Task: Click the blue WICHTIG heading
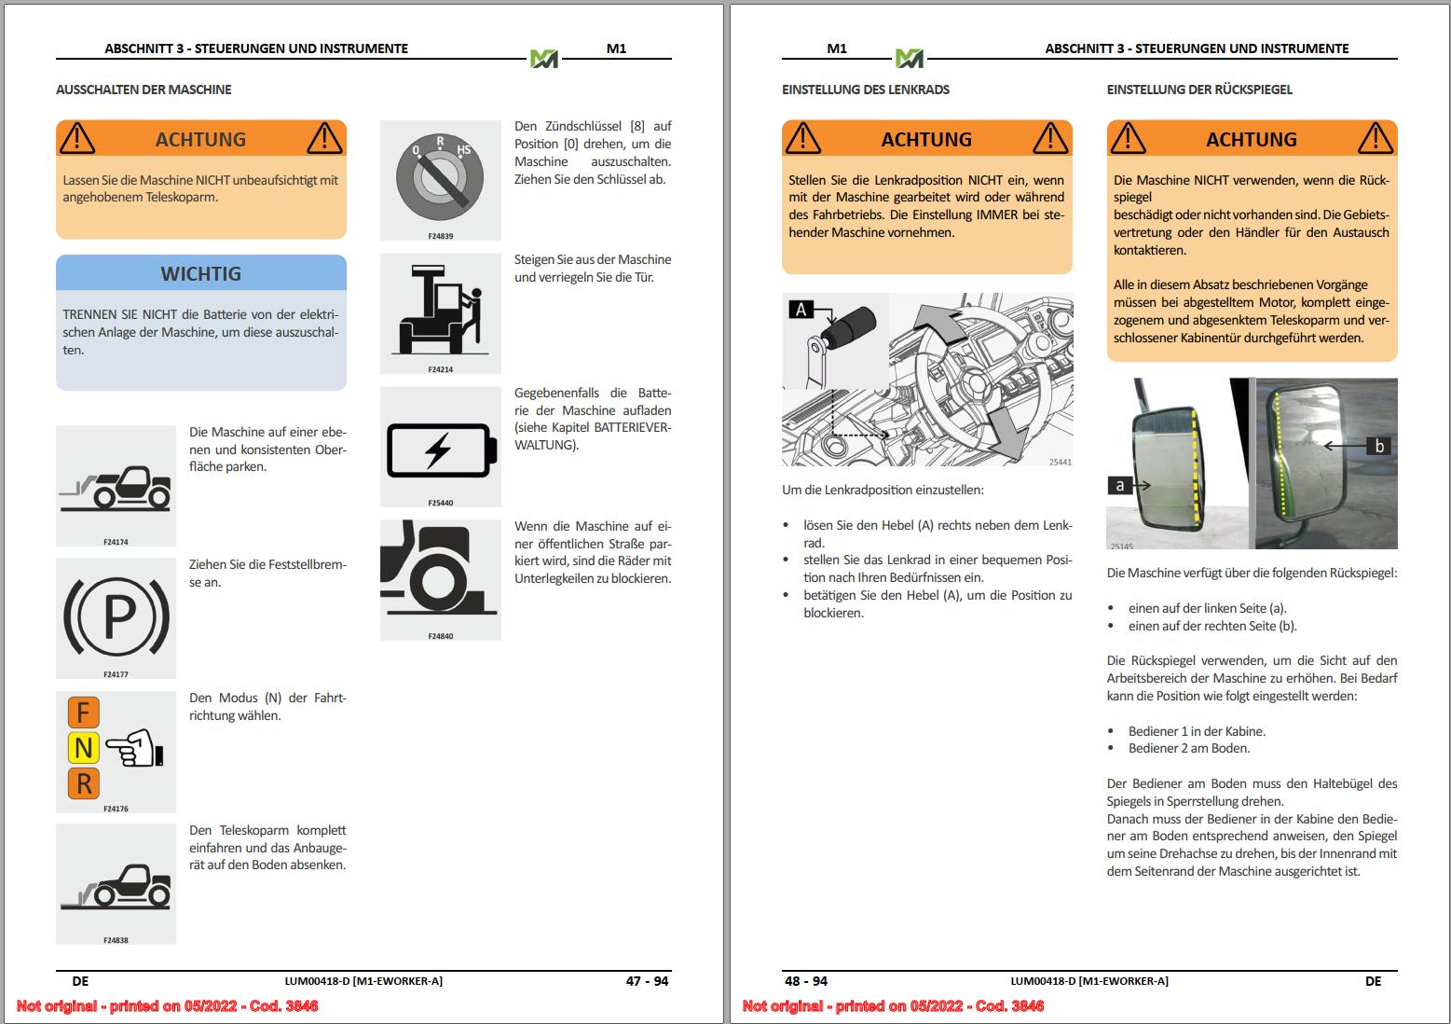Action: tap(200, 273)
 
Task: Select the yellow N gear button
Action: tap(83, 748)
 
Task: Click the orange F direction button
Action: tap(83, 713)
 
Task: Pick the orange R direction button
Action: tap(83, 783)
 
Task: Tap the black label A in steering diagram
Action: tap(801, 310)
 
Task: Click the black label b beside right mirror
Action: tap(1379, 446)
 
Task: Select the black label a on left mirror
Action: tap(1119, 485)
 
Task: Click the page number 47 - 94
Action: tap(647, 981)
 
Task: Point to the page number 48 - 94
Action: tap(806, 981)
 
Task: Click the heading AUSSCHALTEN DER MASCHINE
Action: tap(144, 90)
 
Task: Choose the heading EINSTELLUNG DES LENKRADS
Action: tap(866, 90)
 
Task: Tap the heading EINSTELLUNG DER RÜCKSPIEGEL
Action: tap(1199, 90)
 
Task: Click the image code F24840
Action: tap(441, 636)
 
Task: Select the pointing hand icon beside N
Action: tap(135, 749)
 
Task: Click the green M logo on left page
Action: tap(544, 59)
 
